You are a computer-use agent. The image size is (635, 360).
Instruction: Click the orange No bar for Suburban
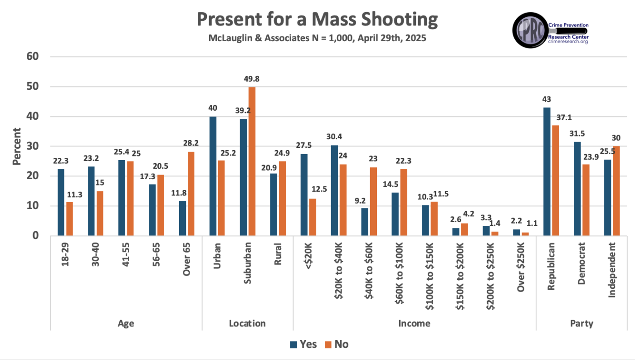tap(252, 161)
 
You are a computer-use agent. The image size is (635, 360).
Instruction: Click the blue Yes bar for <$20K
tap(303, 195)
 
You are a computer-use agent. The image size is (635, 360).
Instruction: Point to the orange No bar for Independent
tap(616, 191)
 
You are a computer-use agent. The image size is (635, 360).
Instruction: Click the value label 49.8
tap(252, 79)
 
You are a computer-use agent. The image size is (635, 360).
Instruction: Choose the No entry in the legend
tap(336, 344)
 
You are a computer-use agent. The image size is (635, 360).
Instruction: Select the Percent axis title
tap(16, 146)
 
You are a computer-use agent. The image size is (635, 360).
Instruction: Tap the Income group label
tap(414, 323)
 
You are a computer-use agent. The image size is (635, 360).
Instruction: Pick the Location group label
tap(247, 323)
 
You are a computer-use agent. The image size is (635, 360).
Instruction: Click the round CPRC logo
tap(530, 30)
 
